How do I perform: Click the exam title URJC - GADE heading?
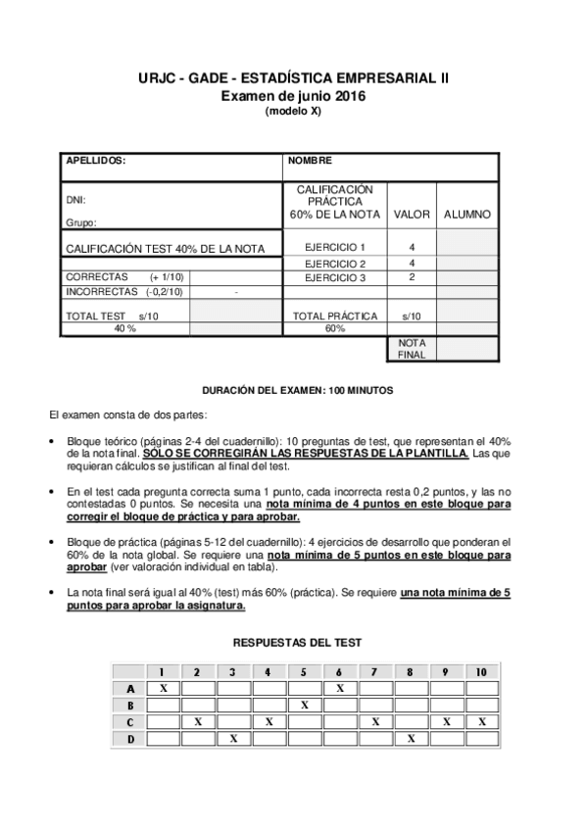pyautogui.click(x=293, y=78)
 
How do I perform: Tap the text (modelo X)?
pyautogui.click(x=293, y=111)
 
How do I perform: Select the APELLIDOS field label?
pyautogui.click(x=95, y=160)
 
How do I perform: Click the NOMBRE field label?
pyautogui.click(x=311, y=160)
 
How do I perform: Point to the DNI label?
pyautogui.click(x=75, y=200)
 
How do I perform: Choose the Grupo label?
pyautogui.click(x=81, y=223)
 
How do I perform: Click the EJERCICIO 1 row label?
pyautogui.click(x=335, y=247)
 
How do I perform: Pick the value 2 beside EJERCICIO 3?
pyautogui.click(x=412, y=277)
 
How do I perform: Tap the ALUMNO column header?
pyautogui.click(x=467, y=214)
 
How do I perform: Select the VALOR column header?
pyautogui.click(x=412, y=214)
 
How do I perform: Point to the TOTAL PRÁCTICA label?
pyautogui.click(x=335, y=316)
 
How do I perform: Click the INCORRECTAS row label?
pyautogui.click(x=101, y=291)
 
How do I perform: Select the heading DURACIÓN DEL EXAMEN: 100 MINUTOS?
pyautogui.click(x=297, y=389)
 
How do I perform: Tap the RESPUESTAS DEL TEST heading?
pyautogui.click(x=297, y=643)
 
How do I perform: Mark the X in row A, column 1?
pyautogui.click(x=163, y=689)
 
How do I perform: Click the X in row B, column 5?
pyautogui.click(x=305, y=705)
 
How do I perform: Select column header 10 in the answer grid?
pyautogui.click(x=480, y=672)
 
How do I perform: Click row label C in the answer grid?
pyautogui.click(x=129, y=721)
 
